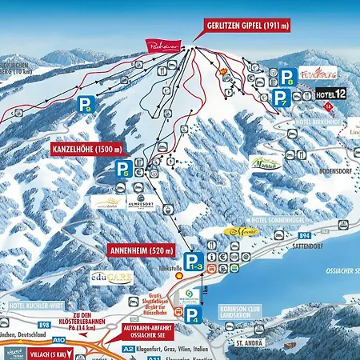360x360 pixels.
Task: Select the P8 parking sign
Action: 287,77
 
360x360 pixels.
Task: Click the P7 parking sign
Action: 281,98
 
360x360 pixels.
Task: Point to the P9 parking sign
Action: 85,104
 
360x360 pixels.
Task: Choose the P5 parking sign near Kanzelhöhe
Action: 122,168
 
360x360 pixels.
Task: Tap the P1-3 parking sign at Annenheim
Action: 192,260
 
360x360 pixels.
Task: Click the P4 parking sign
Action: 197,314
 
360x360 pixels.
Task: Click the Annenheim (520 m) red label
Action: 141,250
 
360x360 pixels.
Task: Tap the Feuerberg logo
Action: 318,73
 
